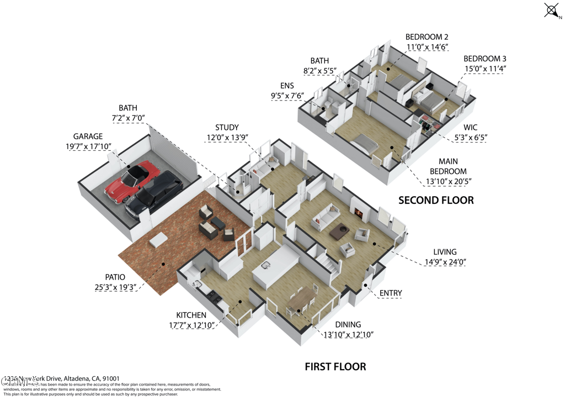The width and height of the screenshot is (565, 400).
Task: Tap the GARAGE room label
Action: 88,136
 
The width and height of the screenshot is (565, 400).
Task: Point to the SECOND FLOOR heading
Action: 436,200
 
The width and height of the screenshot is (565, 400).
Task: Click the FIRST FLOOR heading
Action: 335,366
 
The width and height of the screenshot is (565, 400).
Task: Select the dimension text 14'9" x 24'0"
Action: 442,263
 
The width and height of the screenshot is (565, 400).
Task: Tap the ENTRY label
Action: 390,293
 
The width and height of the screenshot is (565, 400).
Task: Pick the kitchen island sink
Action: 266,265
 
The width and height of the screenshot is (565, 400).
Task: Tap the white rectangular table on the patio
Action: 159,239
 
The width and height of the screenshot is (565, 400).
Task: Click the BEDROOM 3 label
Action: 484,59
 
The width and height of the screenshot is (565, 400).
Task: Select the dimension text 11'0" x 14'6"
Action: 427,48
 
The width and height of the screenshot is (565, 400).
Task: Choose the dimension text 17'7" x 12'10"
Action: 191,325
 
